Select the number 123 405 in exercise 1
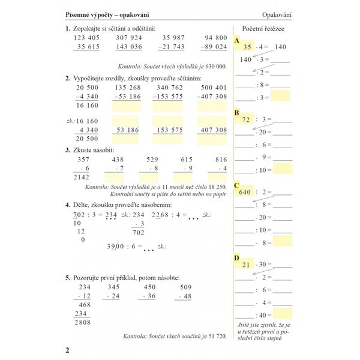point(85,37)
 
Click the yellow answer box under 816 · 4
point(215,178)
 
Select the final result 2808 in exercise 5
point(80,322)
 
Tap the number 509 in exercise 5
point(187,287)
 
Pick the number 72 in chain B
point(245,119)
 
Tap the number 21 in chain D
point(245,265)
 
